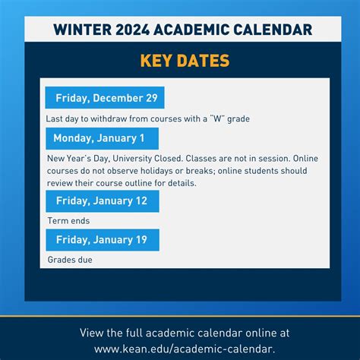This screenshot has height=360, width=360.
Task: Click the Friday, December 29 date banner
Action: tap(105, 98)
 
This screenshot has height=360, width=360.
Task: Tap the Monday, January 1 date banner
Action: tap(102, 138)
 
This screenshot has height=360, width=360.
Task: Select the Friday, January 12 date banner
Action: tap(102, 201)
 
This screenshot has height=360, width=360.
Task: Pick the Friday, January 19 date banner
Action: tap(102, 240)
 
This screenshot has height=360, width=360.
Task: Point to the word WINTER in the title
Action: tap(83, 30)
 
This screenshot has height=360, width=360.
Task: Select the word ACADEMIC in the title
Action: tap(199, 30)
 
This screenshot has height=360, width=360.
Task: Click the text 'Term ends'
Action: tap(68, 220)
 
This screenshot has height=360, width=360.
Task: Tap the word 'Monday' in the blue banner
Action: tap(74, 138)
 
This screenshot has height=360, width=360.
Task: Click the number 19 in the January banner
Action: tap(142, 240)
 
